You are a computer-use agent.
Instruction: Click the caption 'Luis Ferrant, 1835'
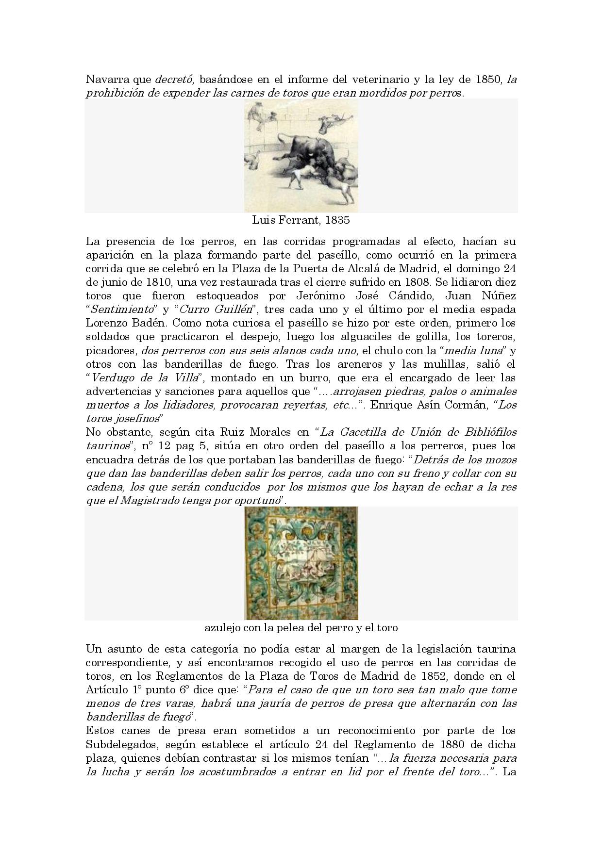[x=301, y=220]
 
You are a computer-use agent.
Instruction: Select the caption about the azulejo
[x=301, y=628]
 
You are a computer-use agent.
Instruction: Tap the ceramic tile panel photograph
[x=301, y=563]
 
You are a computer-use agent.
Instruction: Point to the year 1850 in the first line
[x=489, y=80]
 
